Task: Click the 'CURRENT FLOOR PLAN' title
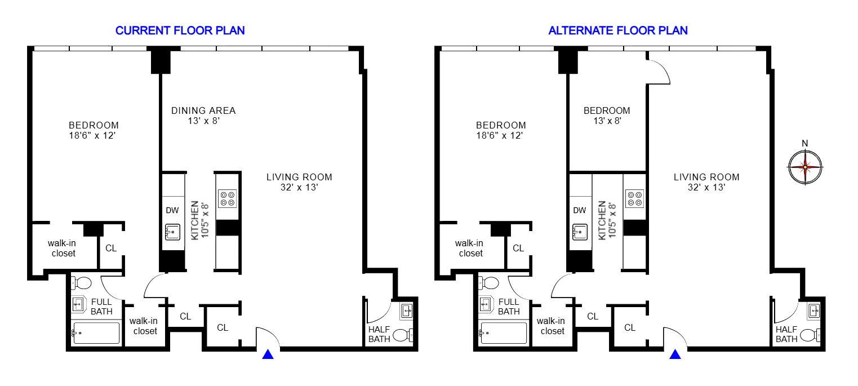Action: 180,30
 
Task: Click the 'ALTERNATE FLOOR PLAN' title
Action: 618,30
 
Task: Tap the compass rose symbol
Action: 805,166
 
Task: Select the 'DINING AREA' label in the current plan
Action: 203,110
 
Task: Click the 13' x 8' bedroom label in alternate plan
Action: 607,121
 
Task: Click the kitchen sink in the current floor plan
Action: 172,231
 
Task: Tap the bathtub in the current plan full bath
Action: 96,333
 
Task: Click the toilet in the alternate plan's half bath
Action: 810,335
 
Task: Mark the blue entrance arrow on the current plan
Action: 269,354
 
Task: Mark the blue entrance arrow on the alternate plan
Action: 675,354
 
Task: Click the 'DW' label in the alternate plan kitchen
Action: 579,211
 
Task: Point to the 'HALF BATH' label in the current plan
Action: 379,334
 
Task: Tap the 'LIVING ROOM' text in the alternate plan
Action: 706,177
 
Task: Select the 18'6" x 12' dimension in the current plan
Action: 94,136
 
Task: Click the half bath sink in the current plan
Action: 407,310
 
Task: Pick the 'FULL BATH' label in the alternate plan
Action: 509,307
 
